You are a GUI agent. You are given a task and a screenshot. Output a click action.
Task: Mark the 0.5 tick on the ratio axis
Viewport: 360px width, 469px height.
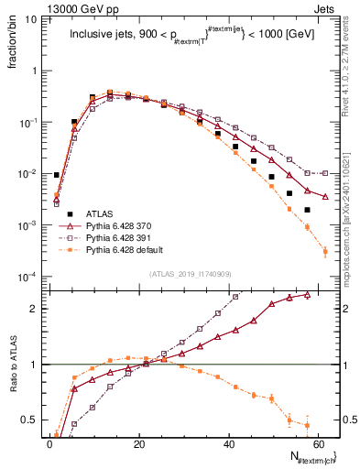point(33,420)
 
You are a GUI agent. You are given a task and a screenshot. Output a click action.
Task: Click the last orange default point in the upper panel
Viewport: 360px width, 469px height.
point(325,251)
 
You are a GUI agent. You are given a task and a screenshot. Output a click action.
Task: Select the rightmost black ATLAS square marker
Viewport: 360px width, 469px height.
point(307,210)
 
